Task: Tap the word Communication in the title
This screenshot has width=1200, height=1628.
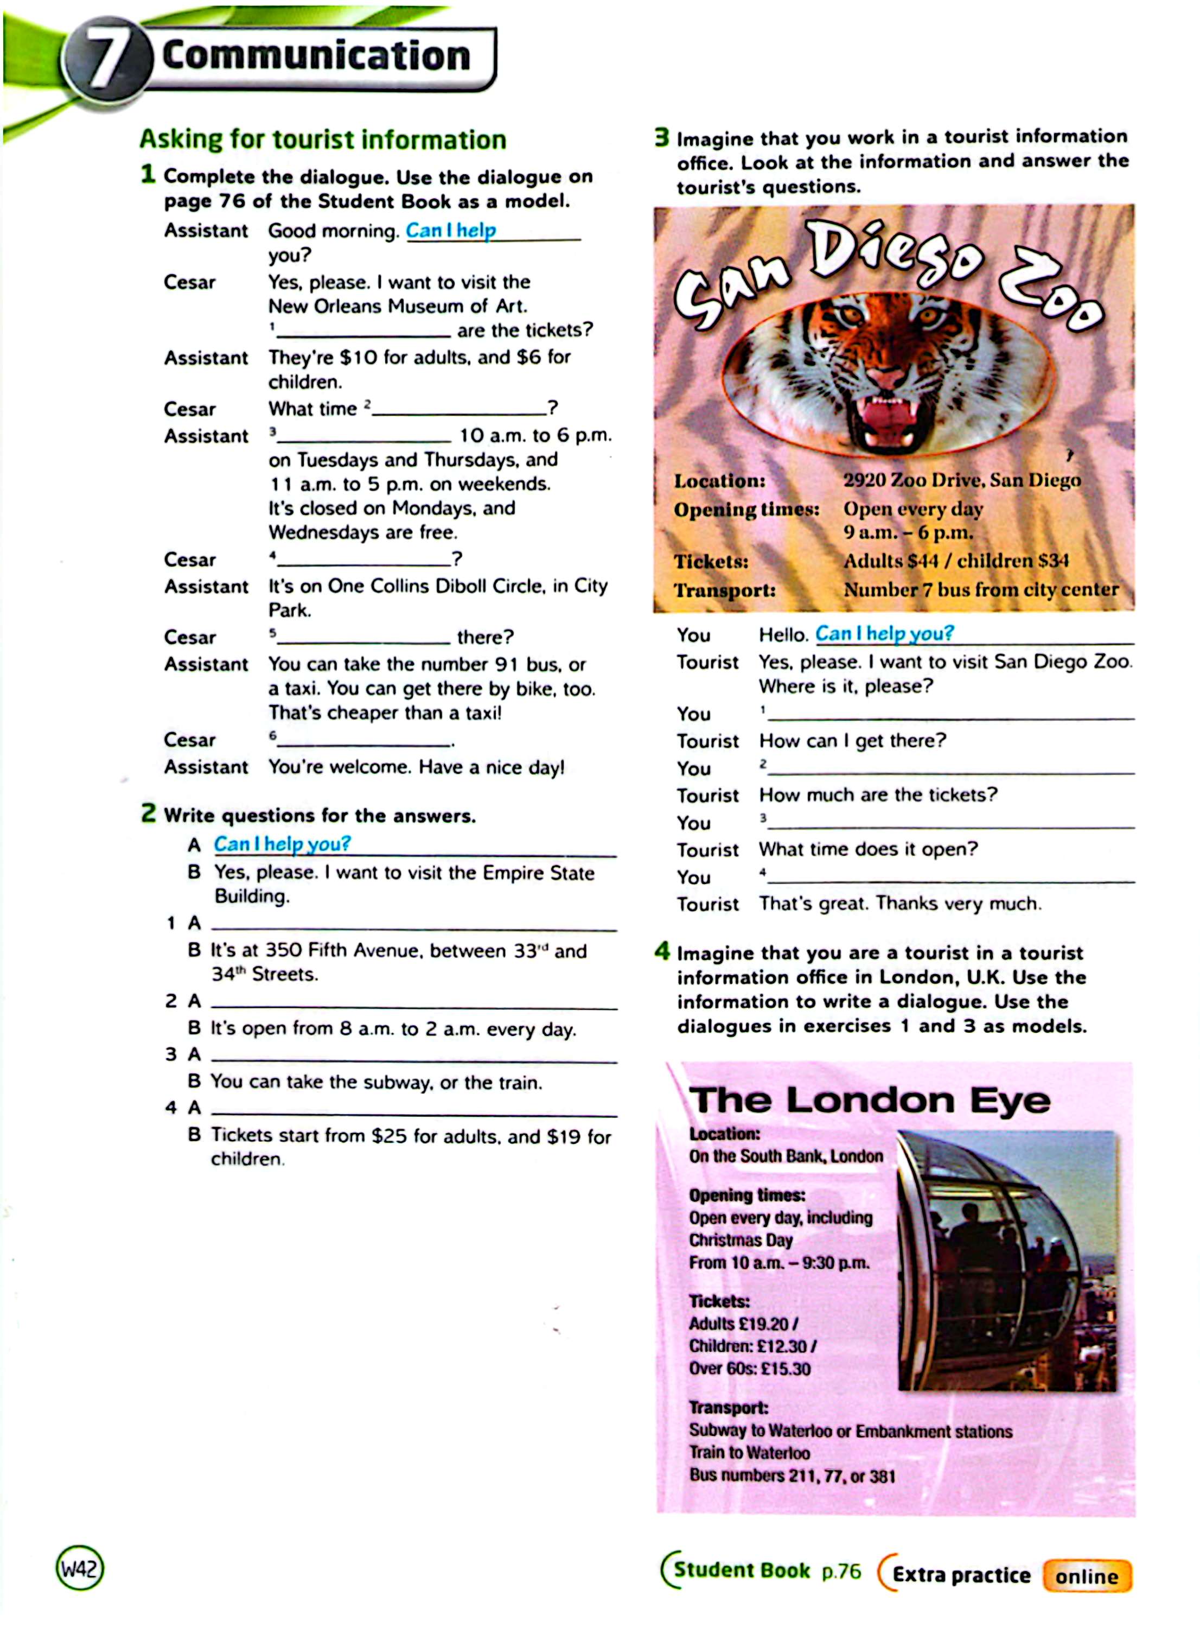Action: click(x=316, y=56)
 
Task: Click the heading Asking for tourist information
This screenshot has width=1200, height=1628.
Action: click(x=323, y=139)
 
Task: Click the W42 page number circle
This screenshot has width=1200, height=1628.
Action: click(x=79, y=1569)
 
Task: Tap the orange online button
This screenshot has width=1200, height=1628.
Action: click(x=1087, y=1576)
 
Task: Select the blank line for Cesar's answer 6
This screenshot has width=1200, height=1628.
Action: click(x=363, y=741)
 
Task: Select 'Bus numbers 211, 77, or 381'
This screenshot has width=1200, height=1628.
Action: click(x=792, y=1476)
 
